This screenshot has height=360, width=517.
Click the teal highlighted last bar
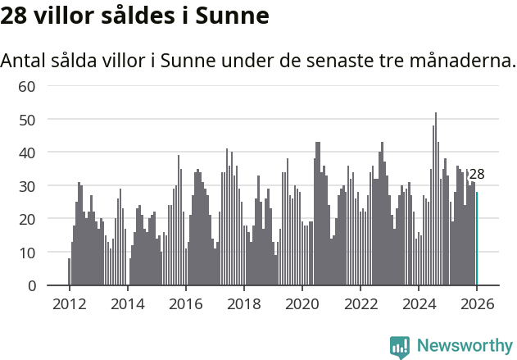477,239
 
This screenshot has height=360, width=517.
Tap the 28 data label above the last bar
477,174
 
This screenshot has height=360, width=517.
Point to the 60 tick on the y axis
27,86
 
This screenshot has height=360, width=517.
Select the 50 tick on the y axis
27,120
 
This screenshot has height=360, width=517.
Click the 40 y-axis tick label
27,153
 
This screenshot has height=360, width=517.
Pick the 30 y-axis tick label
27,186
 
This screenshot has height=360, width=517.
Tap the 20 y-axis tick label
27,219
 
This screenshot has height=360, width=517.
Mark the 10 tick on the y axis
27,253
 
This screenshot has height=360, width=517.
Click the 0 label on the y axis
32,285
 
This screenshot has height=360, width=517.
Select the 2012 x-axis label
69,304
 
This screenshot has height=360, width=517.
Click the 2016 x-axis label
185,304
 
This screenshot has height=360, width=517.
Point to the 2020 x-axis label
302,304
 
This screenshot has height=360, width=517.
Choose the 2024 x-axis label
418,304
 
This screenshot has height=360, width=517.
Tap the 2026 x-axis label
476,304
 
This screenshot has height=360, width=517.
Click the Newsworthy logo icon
400,346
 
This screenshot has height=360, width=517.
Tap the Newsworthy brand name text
465,346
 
